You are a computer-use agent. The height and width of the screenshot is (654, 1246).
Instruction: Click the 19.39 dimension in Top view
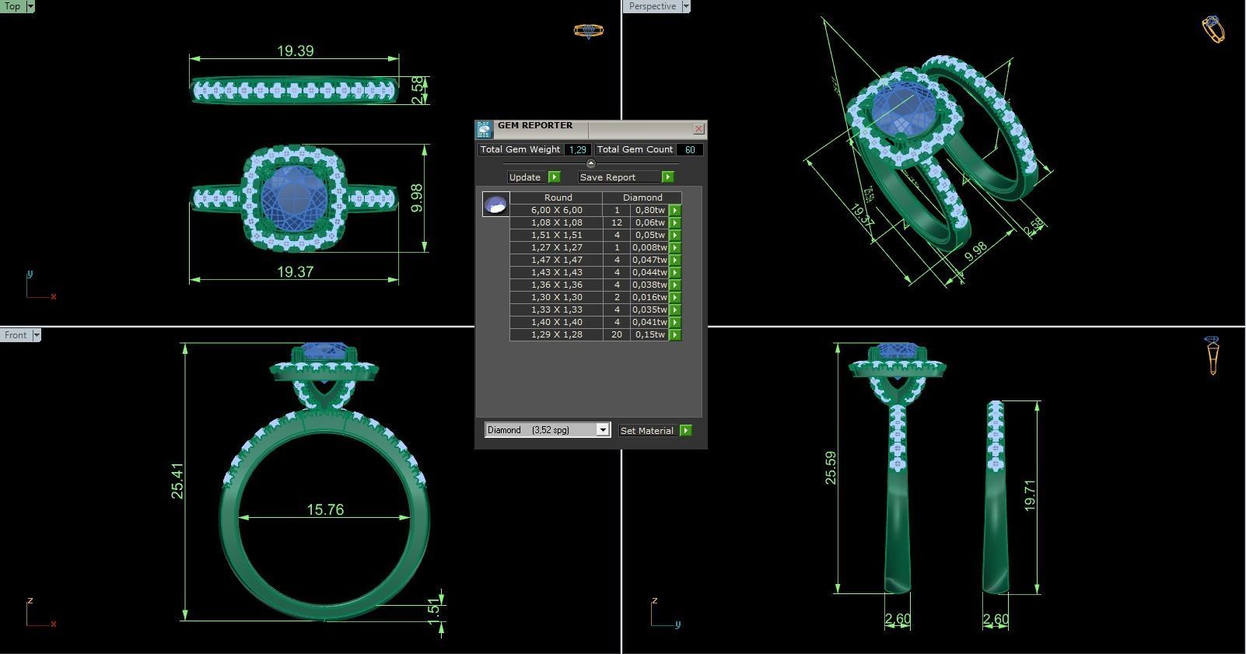click(x=295, y=51)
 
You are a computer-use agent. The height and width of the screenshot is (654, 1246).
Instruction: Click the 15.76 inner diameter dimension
click(x=324, y=510)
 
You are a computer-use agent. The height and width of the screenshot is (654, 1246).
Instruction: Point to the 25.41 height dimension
click(x=178, y=481)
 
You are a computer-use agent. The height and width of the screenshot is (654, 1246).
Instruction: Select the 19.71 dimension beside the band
click(x=1029, y=495)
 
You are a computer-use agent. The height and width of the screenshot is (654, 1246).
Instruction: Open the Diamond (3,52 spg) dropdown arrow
click(x=602, y=430)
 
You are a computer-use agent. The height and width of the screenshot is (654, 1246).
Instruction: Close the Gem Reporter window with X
click(x=698, y=129)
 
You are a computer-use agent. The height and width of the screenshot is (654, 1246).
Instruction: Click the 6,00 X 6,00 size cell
click(x=556, y=210)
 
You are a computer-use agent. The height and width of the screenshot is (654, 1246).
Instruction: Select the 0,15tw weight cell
click(x=649, y=334)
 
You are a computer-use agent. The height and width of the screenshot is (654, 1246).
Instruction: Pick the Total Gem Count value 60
click(x=690, y=149)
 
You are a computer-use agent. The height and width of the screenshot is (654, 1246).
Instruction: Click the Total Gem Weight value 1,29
click(x=577, y=149)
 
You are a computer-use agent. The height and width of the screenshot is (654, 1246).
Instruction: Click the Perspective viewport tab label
click(x=652, y=6)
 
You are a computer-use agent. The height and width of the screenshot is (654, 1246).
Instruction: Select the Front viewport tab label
click(x=16, y=335)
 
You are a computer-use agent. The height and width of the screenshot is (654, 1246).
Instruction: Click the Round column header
click(x=558, y=198)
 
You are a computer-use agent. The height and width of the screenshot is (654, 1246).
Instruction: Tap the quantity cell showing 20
click(x=617, y=334)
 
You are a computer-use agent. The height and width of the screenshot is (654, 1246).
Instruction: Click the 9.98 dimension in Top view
click(x=418, y=198)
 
